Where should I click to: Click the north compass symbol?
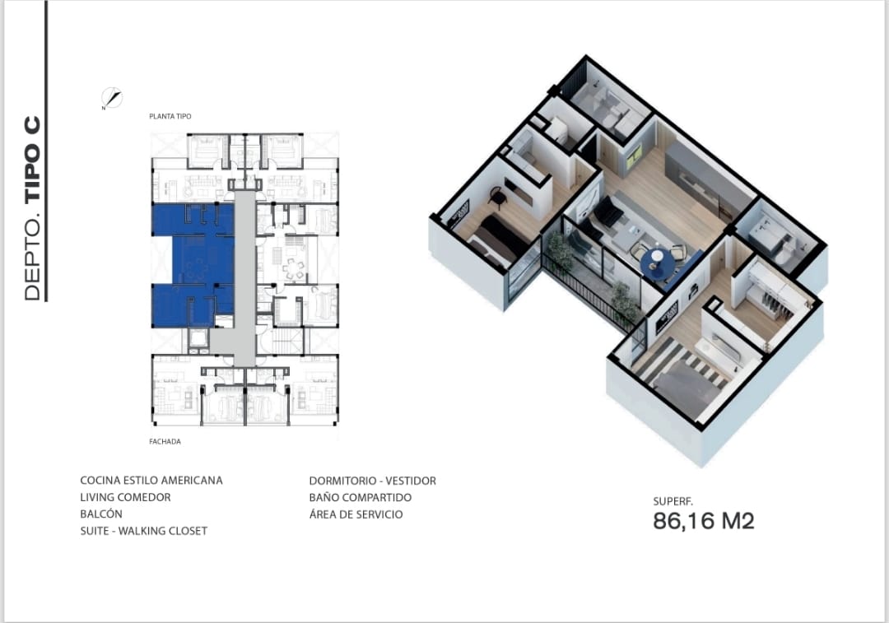pos(112,98)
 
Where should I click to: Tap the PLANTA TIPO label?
pos(170,116)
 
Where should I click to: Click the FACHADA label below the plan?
pos(165,442)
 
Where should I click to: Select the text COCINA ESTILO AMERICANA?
pos(151,480)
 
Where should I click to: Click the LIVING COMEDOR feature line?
pos(125,497)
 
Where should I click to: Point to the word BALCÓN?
pos(101,514)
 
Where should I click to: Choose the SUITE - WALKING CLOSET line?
pos(144,531)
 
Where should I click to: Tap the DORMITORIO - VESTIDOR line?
pos(373,481)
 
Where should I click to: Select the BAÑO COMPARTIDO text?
pos(361,498)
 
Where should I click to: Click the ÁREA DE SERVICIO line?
pos(356,514)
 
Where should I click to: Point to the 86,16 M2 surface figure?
pos(704,521)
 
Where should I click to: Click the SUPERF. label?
pos(673,502)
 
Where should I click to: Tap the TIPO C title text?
pos(33,160)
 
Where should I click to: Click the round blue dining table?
pos(658,263)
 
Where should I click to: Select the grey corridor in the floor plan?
pos(244,278)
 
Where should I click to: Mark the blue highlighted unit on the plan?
pos(193,265)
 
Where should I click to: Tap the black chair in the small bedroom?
pos(498,196)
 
